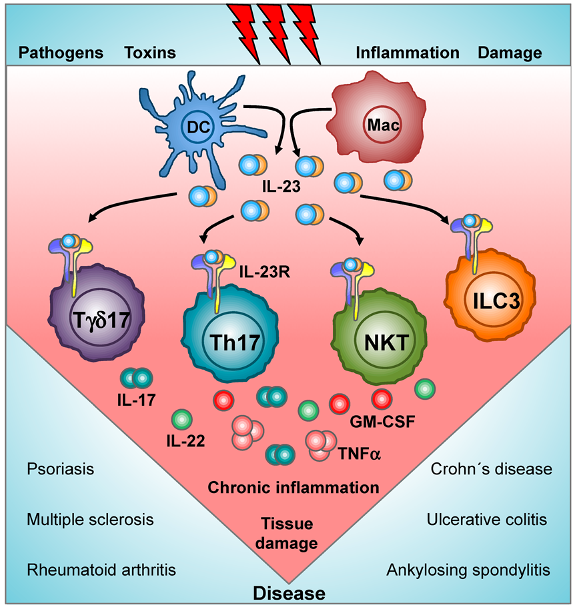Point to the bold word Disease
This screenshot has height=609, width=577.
(288, 593)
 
